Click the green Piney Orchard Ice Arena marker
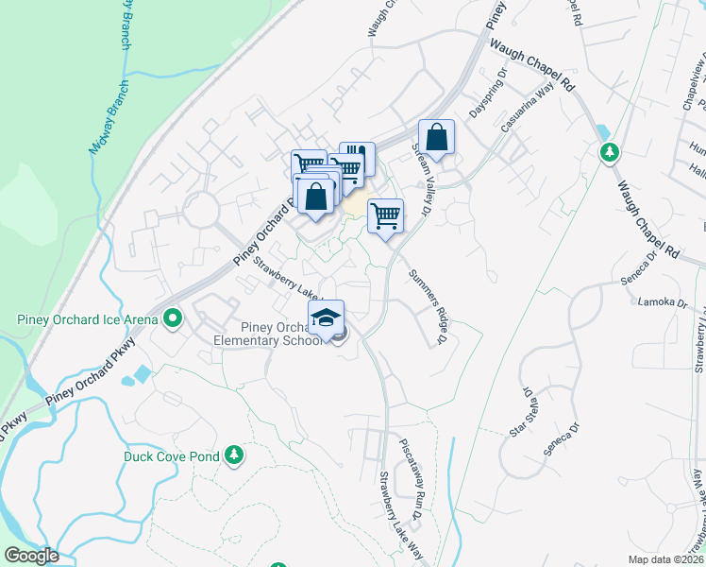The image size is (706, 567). click(x=172, y=319)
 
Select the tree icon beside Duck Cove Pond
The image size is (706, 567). click(x=234, y=456)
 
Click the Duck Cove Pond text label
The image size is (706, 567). click(x=172, y=456)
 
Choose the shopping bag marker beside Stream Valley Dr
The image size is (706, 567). click(x=436, y=138)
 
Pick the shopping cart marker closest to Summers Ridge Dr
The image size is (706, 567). click(x=385, y=216)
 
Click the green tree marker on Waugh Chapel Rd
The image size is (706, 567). click(x=610, y=151)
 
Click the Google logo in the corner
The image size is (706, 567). click(x=31, y=556)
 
